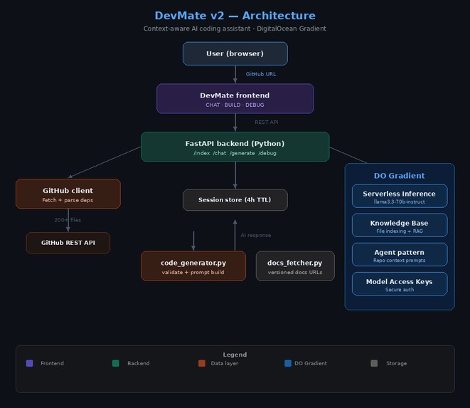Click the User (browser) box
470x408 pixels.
[235, 53]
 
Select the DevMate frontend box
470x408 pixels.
[235, 98]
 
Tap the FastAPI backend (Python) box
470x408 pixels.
[235, 147]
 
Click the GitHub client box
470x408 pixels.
[68, 194]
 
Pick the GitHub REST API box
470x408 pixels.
[68, 243]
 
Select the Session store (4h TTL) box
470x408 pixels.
[235, 200]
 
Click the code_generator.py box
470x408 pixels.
[193, 266]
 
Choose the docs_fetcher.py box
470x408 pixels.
[294, 266]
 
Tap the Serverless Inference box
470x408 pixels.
[399, 196]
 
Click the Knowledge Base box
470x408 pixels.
[399, 225]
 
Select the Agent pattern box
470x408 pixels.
[399, 254]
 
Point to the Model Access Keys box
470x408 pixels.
[399, 283]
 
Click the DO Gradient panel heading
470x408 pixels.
[399, 175]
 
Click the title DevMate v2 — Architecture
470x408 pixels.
[235, 16]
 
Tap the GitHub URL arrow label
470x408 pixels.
[261, 74]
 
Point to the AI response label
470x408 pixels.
[255, 235]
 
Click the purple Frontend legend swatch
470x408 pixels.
[29, 363]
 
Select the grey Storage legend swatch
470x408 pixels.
[374, 363]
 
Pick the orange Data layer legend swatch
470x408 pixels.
[202, 363]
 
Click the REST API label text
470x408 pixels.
[266, 122]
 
